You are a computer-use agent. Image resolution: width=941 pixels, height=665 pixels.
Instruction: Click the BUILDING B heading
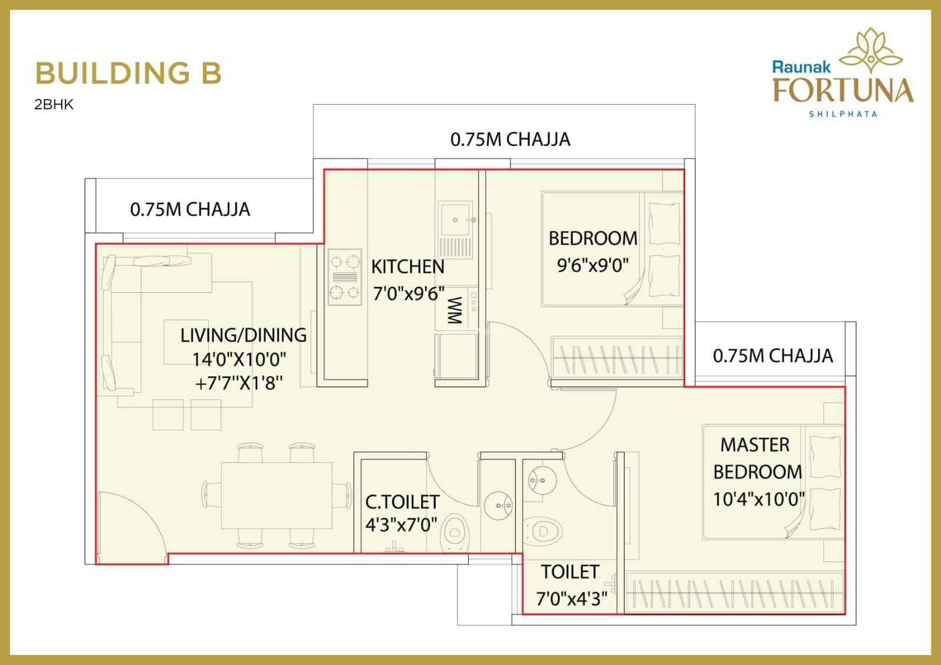point(128,73)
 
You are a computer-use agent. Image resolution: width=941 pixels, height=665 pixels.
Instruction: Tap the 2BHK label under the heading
point(54,104)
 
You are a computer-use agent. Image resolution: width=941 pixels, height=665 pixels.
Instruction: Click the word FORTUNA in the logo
point(843,90)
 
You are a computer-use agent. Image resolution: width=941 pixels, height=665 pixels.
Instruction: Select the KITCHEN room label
point(408,267)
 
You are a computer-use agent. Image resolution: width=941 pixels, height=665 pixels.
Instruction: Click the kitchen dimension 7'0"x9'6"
point(408,293)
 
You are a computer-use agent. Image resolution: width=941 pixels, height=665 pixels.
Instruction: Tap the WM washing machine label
point(455,310)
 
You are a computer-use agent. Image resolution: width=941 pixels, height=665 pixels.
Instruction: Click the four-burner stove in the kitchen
point(345,277)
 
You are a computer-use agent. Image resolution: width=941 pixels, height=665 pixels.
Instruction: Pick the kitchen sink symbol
point(455,229)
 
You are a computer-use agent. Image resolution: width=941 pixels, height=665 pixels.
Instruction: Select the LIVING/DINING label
point(243,335)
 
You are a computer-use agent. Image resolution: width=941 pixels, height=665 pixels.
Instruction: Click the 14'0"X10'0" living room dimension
point(239,360)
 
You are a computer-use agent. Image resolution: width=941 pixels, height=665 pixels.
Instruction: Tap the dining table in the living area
point(276,496)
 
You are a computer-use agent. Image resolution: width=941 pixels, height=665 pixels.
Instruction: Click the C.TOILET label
point(402,502)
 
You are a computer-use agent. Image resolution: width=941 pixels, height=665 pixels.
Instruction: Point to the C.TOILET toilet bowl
point(455,532)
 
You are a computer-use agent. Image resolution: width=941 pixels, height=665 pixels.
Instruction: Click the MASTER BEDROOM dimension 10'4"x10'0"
point(759,500)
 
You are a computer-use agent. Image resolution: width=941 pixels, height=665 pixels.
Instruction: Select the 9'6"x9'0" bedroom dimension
point(593,265)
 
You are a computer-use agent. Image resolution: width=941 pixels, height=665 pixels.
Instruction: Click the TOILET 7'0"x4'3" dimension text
point(571,599)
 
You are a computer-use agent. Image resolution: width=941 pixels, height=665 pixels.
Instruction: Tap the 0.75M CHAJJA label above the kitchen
point(510,139)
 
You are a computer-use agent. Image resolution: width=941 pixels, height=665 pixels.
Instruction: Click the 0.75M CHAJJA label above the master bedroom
point(773,356)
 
